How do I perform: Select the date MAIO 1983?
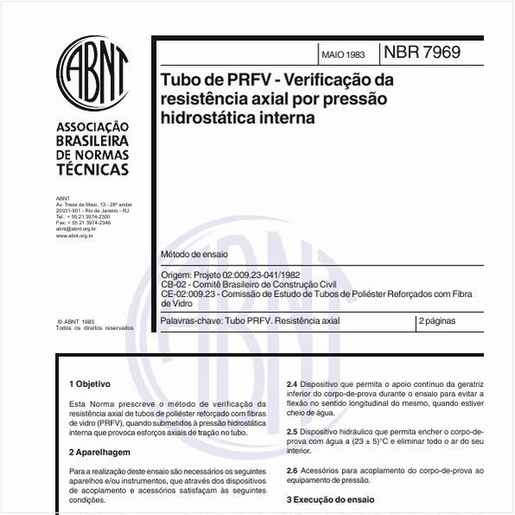[343, 54]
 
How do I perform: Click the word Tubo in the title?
[177, 80]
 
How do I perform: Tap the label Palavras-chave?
[191, 321]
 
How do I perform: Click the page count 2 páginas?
[438, 321]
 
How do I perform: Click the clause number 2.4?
[293, 383]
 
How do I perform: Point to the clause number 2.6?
[293, 470]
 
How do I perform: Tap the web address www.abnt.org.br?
[74, 235]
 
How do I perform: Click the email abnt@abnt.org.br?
[75, 229]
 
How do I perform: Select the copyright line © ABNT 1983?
[75, 320]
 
